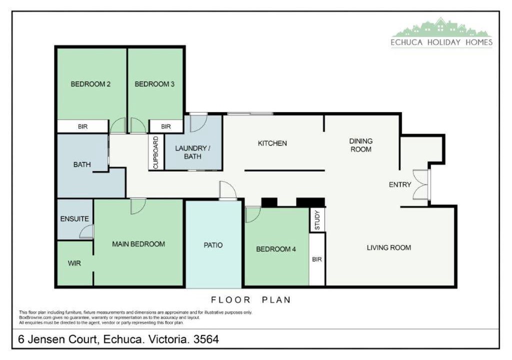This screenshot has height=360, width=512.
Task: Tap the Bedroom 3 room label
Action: (x=154, y=84)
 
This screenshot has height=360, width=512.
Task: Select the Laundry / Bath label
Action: (x=192, y=152)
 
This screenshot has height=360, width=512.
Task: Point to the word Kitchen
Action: (x=272, y=143)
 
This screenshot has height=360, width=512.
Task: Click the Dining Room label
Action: (x=361, y=145)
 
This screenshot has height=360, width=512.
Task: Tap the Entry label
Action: (x=399, y=184)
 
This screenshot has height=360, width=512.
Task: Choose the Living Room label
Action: (x=388, y=247)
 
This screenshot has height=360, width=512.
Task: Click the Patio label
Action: (x=213, y=245)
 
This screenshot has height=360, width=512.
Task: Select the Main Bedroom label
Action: (x=138, y=244)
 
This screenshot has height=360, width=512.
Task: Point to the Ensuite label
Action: (x=74, y=219)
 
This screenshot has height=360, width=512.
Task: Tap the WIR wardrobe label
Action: (x=74, y=263)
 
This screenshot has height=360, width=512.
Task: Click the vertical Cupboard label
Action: (x=156, y=152)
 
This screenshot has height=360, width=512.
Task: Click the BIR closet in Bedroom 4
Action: (x=317, y=259)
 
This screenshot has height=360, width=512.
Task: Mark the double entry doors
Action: (x=421, y=184)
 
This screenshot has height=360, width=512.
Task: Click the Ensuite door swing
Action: (x=86, y=231)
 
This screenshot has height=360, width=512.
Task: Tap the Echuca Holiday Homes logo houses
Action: (x=441, y=28)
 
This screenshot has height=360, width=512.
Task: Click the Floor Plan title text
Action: (x=251, y=300)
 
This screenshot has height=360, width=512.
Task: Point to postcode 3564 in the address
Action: (x=206, y=339)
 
